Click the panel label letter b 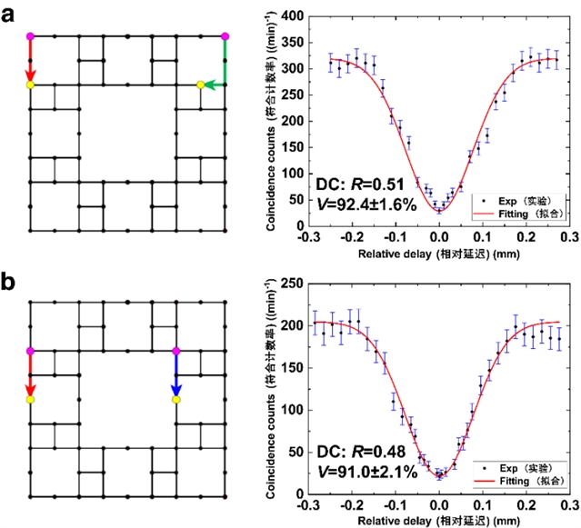pos(13,282)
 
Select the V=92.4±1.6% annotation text pos(362,206)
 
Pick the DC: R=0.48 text pos(356,451)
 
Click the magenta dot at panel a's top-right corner pos(225,36)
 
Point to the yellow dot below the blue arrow pos(176,399)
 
